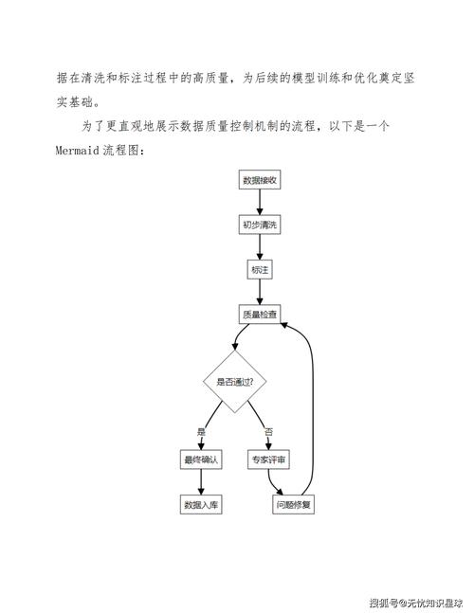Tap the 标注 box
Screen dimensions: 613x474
pos(259,270)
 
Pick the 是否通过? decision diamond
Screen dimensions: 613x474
pos(234,382)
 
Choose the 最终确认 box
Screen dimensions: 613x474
pos(201,460)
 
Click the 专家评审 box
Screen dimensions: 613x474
pos(269,460)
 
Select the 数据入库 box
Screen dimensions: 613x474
pos(201,505)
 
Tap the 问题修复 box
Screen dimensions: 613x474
pos(293,505)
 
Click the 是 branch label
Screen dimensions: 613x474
pos(201,432)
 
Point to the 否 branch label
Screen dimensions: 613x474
pos(268,432)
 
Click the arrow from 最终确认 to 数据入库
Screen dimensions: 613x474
pos(201,482)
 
